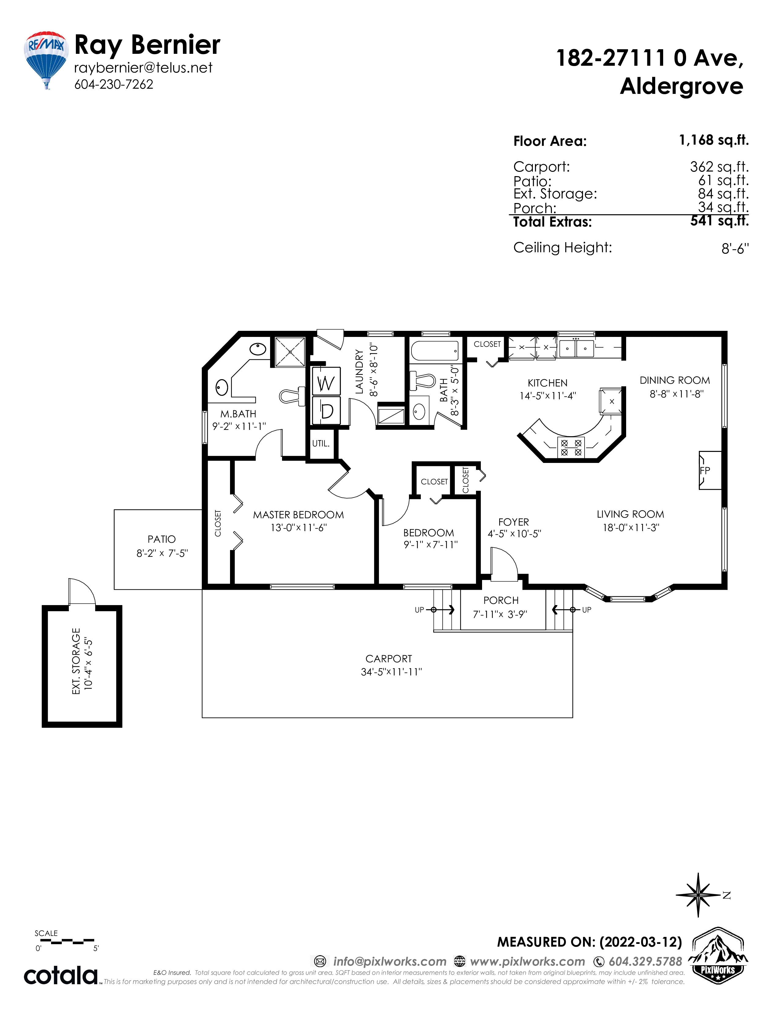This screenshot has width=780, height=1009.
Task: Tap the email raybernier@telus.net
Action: (143, 68)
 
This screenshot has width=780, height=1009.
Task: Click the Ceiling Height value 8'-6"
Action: (735, 249)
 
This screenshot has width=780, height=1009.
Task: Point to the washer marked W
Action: (326, 381)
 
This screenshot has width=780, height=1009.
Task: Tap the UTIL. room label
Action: (321, 444)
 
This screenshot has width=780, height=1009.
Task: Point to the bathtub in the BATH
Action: (435, 351)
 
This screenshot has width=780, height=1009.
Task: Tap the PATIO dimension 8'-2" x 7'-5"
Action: (162, 553)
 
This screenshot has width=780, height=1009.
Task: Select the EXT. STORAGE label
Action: (76, 661)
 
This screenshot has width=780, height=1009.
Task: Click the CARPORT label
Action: (388, 659)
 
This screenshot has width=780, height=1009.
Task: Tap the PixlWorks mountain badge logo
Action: (718, 956)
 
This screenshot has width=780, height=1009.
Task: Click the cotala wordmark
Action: (61, 975)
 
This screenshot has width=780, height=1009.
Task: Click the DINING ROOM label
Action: (675, 380)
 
